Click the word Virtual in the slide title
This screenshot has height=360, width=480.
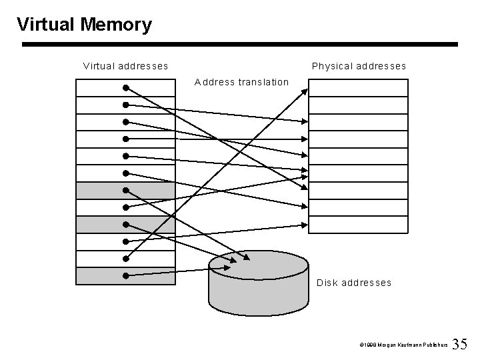click(x=45, y=25)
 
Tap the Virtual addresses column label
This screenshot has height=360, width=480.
click(x=125, y=66)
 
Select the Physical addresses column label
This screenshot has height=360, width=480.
click(x=359, y=66)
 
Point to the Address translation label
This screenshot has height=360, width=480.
click(x=241, y=82)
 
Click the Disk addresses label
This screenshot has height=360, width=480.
click(x=354, y=283)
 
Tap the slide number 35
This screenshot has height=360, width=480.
click(x=460, y=344)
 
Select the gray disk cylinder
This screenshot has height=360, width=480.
click(x=258, y=293)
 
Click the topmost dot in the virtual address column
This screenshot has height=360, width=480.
click(x=125, y=87)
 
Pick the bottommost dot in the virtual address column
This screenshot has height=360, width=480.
click(x=125, y=275)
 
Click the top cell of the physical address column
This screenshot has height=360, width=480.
click(x=358, y=87)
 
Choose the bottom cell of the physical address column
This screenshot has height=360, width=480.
click(x=358, y=225)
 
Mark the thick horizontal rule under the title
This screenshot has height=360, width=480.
click(x=240, y=45)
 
